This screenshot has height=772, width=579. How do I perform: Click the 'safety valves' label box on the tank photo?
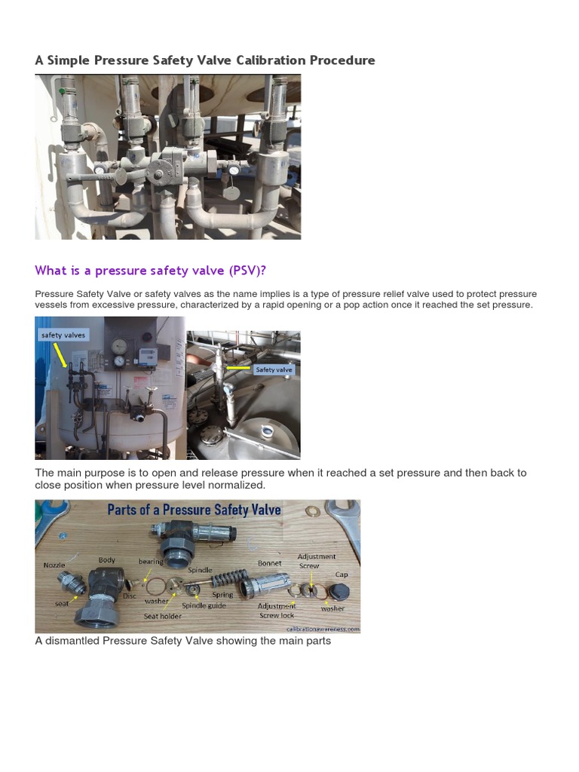63,335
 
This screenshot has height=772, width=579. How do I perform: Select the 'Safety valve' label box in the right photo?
274,369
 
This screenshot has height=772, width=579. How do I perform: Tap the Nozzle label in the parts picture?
54,565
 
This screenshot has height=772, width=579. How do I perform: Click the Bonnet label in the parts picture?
269,563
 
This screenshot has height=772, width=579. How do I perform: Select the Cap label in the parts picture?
342,574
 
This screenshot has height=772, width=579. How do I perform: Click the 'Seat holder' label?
161,616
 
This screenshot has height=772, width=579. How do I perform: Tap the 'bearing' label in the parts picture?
151,562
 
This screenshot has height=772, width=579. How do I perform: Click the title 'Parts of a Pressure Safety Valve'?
194,510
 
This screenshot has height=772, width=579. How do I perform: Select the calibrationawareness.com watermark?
322,628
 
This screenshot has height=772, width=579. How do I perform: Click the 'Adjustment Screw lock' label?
276,610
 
